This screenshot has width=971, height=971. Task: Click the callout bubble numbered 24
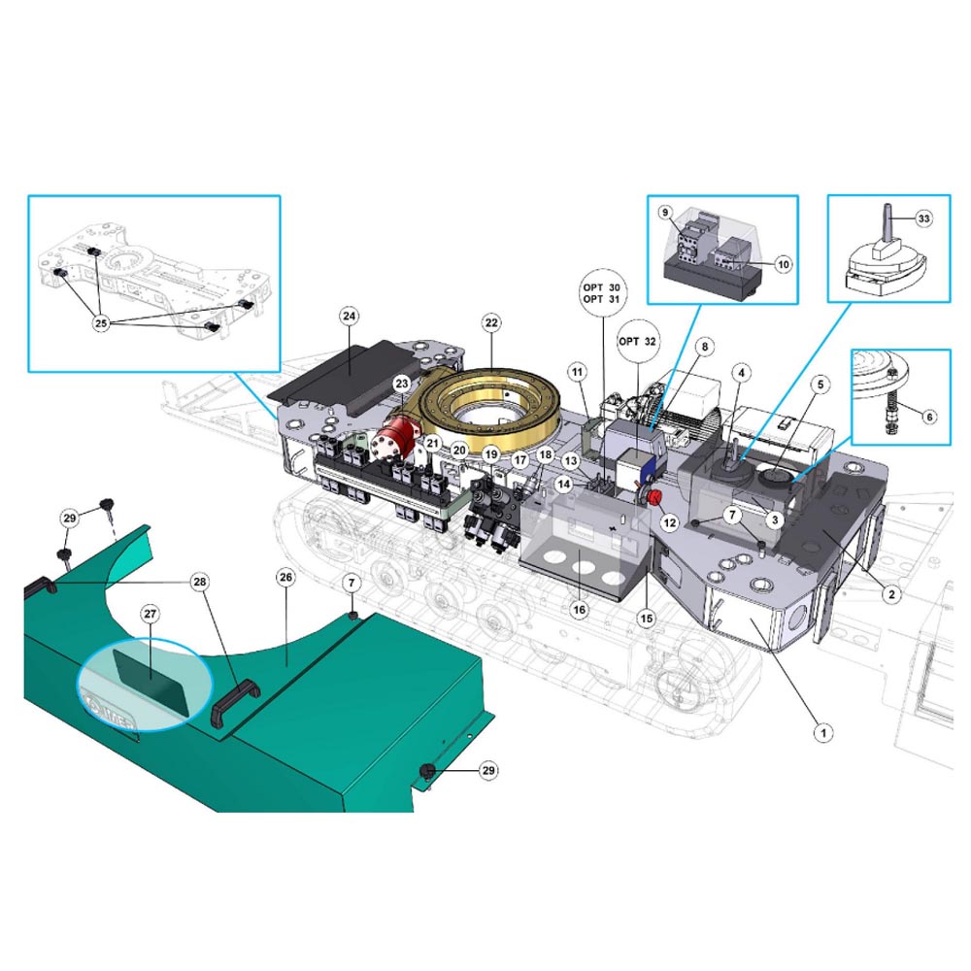350,317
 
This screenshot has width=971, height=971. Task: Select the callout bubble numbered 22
491,322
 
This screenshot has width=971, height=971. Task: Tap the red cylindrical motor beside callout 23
397,436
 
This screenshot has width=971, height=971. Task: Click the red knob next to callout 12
653,496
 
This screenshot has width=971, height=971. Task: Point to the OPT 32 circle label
637,341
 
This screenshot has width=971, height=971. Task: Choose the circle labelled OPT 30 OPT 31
601,293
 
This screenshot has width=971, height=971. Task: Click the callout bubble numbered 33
923,218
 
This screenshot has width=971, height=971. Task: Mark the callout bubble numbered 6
929,417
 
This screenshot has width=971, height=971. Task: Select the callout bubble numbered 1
823,732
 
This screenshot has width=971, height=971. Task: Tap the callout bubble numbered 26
285,577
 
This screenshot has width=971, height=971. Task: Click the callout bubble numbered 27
151,614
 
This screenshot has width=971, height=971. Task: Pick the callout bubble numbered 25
101,322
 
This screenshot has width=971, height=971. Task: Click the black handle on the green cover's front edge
236,702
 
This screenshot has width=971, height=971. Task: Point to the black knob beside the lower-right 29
428,772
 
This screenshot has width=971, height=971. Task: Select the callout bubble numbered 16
579,610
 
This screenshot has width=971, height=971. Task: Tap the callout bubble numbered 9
665,213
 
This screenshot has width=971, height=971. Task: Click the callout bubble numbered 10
784,264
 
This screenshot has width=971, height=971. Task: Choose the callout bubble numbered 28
199,582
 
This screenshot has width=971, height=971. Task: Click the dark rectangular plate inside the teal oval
151,682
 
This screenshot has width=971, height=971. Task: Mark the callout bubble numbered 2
891,594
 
